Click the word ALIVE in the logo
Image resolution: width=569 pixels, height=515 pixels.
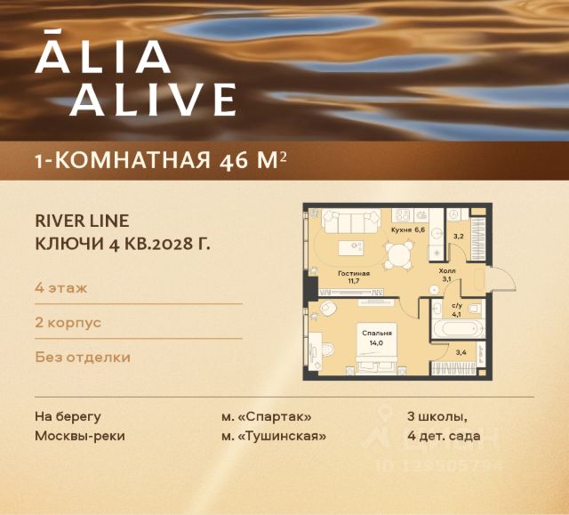(153, 100)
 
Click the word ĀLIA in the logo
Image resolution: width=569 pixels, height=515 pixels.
(102, 56)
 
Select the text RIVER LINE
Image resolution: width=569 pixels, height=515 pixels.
(82, 220)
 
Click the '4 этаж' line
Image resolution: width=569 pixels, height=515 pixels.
(60, 288)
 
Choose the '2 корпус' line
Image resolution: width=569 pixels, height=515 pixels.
(68, 322)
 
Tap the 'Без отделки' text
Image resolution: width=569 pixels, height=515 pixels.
(83, 357)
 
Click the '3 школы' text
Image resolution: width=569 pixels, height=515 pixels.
(437, 415)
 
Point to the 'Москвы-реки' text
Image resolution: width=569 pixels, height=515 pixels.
(79, 436)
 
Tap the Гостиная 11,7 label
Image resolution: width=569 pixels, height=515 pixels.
(353, 278)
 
